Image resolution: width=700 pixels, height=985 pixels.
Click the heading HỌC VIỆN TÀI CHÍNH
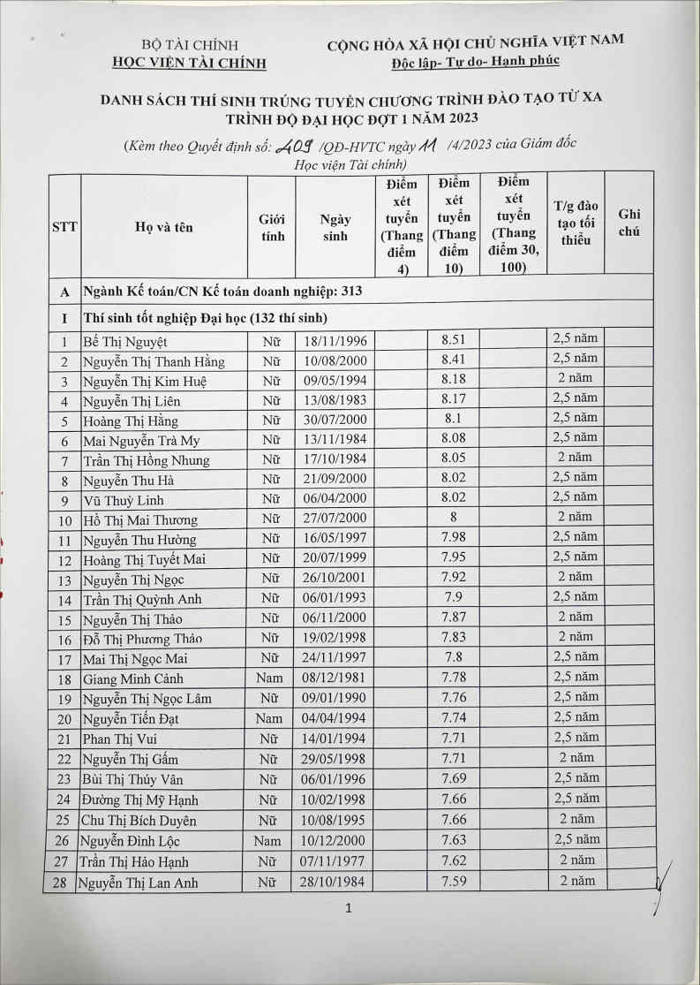(x=190, y=62)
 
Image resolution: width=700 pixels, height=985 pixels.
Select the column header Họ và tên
(x=164, y=227)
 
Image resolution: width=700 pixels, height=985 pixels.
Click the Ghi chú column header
(x=629, y=224)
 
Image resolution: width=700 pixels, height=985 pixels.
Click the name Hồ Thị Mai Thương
(x=140, y=520)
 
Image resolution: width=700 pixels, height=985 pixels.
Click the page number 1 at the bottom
(x=349, y=908)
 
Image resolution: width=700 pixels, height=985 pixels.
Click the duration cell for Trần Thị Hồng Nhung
(x=575, y=458)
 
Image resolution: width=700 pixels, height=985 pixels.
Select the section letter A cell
(x=63, y=291)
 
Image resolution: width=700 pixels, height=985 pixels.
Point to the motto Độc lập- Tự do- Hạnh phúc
(x=475, y=60)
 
